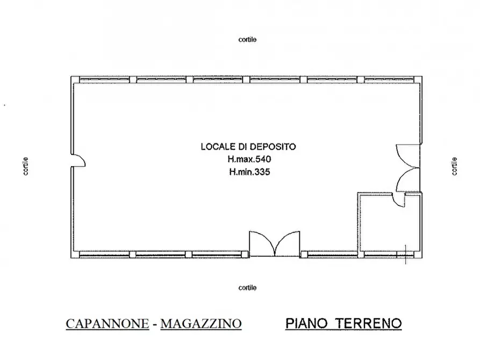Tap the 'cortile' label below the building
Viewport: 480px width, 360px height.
click(x=247, y=288)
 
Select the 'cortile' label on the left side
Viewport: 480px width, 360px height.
click(x=26, y=166)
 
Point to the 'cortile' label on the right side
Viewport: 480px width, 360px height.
click(x=455, y=166)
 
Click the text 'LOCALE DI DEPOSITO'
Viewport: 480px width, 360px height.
click(x=248, y=146)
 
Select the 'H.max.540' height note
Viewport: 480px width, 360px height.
click(x=248, y=160)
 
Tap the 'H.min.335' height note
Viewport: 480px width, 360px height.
click(x=248, y=172)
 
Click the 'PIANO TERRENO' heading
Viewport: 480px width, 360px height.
click(x=343, y=323)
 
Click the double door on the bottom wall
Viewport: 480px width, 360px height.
click(x=274, y=244)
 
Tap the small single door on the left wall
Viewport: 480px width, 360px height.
click(x=78, y=159)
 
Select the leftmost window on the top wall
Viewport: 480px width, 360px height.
click(x=105, y=80)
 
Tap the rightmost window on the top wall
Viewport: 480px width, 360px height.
click(x=391, y=80)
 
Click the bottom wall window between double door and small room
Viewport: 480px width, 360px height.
click(x=328, y=254)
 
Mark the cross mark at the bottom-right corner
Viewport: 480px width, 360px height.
click(x=405, y=255)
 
